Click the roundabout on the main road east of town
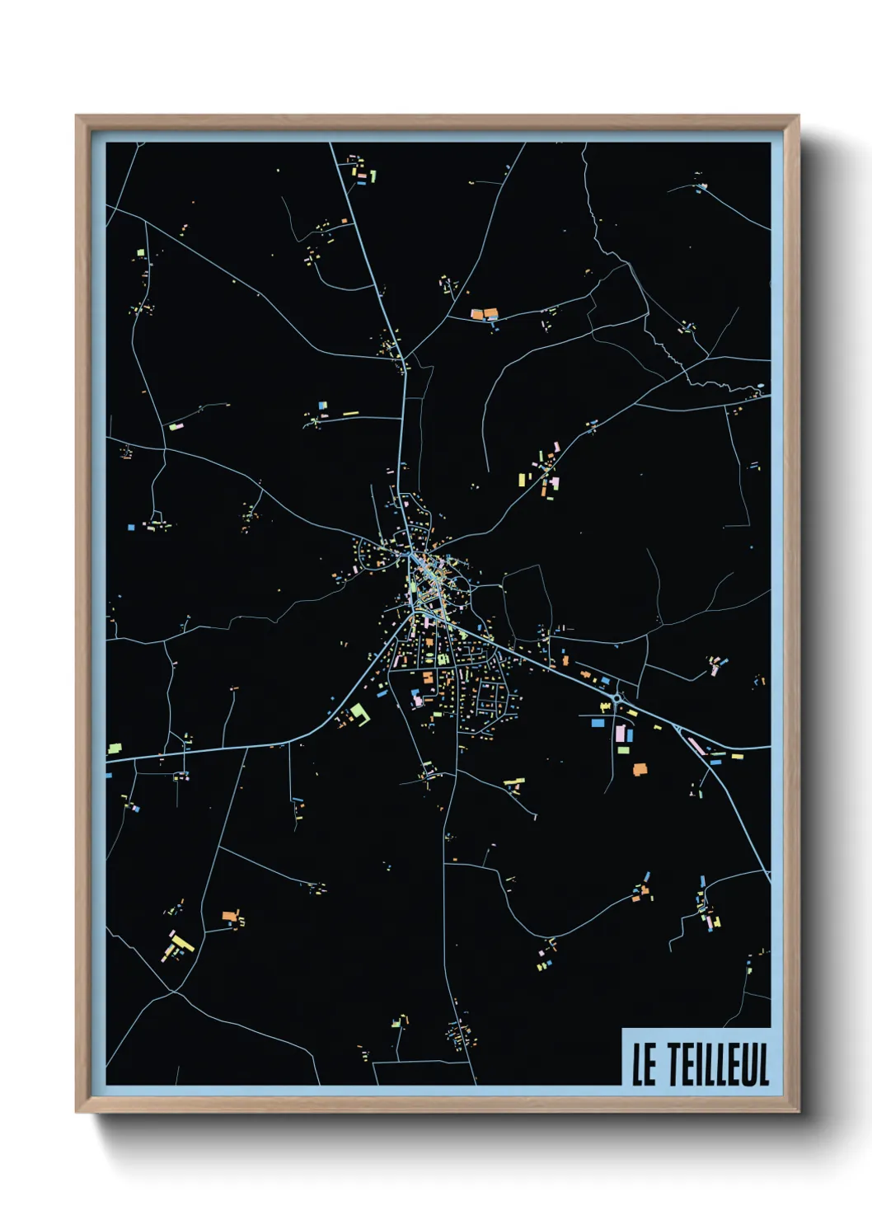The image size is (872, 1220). (617, 700)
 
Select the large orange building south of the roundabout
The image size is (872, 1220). (640, 769)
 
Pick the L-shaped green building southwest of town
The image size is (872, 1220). (359, 713)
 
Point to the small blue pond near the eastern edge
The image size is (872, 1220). (759, 386)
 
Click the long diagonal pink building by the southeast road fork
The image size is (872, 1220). (695, 745)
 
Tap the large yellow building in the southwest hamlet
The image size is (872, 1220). (182, 941)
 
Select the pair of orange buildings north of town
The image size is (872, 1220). (484, 313)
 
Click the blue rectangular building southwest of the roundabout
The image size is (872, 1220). (597, 722)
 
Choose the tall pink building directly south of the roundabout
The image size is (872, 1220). (621, 732)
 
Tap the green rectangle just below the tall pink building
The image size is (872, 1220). (624, 749)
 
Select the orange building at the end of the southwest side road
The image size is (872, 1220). (228, 915)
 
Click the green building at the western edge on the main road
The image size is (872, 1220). (115, 748)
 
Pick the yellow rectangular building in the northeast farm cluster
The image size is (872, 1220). (522, 479)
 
